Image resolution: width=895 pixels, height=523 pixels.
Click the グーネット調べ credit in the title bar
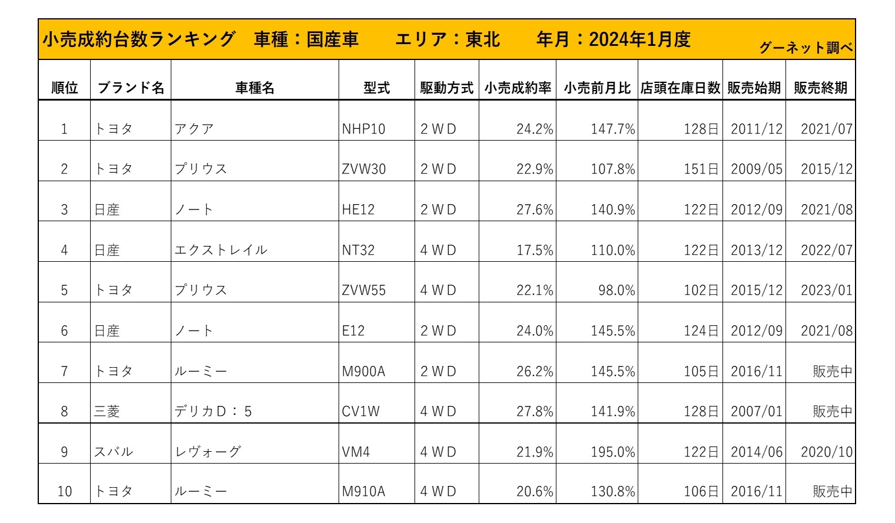805,48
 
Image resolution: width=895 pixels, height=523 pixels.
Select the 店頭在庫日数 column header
680,88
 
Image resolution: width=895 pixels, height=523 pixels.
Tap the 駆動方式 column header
446,88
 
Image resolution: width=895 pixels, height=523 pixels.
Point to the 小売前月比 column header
597,88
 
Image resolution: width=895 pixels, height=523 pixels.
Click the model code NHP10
363,129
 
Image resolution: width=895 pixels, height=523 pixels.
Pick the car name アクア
194,129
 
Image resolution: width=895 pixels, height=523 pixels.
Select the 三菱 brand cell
107,411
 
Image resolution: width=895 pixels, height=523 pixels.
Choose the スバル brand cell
114,452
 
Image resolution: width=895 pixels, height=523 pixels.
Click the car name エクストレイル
221,250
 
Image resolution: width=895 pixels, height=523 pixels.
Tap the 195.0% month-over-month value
613,452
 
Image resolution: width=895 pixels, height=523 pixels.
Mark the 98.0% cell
616,290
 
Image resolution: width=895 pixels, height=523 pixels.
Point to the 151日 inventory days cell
701,169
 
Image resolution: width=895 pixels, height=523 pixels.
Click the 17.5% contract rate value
535,250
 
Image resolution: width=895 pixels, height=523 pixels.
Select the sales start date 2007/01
757,411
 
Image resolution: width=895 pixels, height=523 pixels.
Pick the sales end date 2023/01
826,290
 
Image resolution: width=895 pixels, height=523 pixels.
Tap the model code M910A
363,491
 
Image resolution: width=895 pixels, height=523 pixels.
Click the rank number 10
64,491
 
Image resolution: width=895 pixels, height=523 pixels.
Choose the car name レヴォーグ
208,452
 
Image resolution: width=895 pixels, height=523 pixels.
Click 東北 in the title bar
483,39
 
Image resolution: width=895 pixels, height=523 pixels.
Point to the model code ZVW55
364,290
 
